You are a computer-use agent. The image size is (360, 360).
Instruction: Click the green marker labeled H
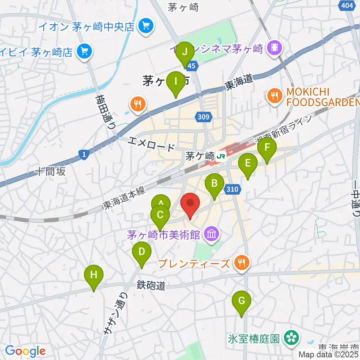[94, 275]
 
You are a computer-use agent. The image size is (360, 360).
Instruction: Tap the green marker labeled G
[241, 301]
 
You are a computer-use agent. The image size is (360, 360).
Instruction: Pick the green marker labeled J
[184, 52]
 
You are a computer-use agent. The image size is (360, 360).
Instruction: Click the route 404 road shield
[347, 5]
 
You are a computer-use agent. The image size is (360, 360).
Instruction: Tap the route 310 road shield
[232, 190]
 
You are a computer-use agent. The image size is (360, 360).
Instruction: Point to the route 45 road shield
[191, 66]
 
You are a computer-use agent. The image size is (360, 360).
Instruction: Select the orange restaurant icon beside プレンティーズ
[240, 264]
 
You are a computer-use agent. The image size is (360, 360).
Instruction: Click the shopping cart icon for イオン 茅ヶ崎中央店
[144, 26]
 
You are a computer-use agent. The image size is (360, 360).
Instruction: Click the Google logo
[25, 351]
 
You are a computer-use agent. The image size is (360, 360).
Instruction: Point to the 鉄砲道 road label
[150, 286]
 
